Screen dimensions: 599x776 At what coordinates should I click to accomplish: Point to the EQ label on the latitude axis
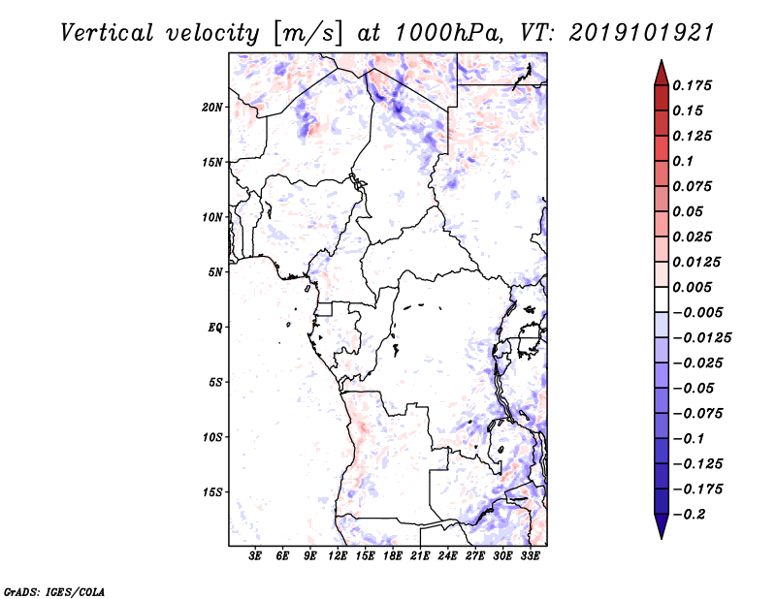(x=215, y=328)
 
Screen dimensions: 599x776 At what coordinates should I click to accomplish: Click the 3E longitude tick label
(x=256, y=556)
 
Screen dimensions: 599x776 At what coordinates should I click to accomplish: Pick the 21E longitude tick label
(x=421, y=556)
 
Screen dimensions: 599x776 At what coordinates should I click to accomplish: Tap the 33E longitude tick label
(x=531, y=556)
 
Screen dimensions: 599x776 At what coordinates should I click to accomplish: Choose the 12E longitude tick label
(x=339, y=556)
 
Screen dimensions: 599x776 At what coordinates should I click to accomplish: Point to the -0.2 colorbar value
(x=692, y=515)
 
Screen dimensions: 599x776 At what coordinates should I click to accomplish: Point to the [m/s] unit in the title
(x=308, y=33)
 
